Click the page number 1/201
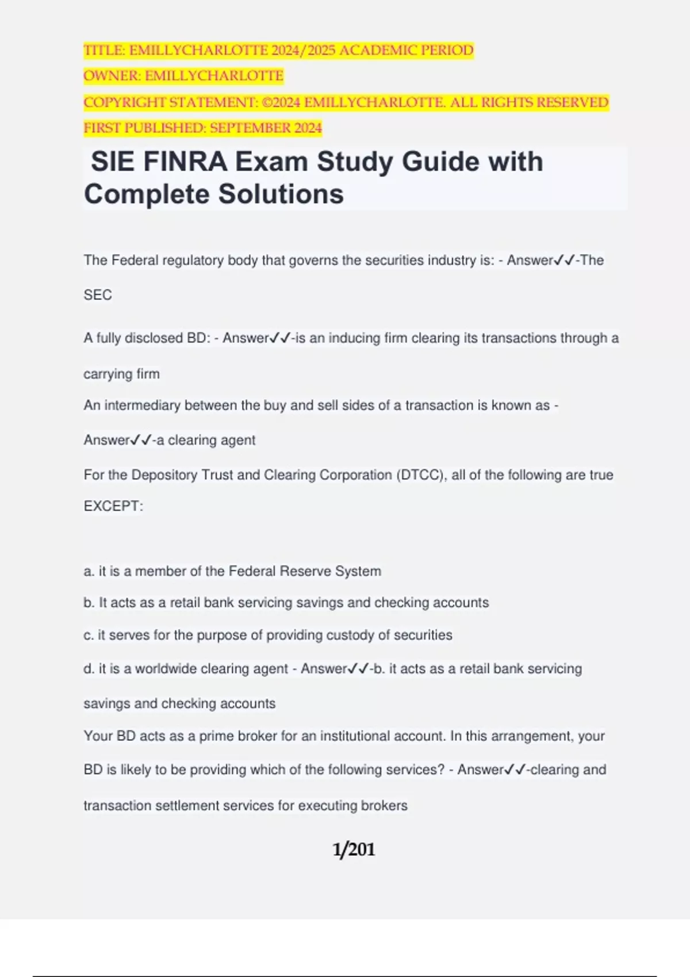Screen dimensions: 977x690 tap(354, 849)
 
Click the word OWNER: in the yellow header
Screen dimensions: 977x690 tap(112, 76)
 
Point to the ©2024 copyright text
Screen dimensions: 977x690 tap(281, 102)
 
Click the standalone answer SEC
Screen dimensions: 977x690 tap(98, 295)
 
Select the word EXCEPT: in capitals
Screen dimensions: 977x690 tap(113, 506)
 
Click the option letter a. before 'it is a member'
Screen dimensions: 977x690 tap(89, 571)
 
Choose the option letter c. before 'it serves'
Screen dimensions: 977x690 tap(89, 635)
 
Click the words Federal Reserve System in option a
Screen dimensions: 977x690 tap(305, 571)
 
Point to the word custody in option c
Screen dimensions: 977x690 tap(350, 635)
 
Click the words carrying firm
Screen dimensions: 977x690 tap(121, 374)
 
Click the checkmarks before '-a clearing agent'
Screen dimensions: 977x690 tap(141, 440)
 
